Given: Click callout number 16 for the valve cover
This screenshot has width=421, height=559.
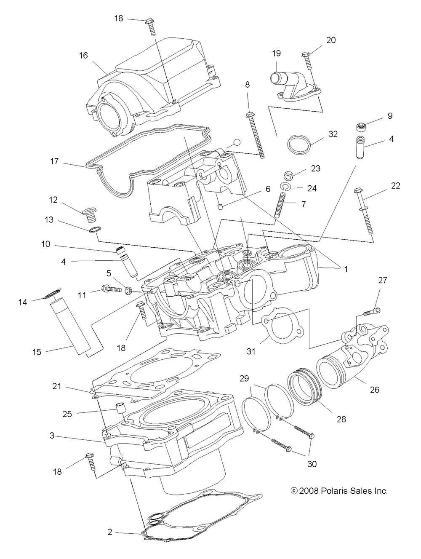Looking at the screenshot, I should [83, 55].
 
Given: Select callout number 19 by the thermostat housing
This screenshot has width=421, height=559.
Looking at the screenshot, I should [276, 53].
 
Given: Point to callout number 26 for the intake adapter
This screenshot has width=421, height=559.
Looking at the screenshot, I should [374, 390].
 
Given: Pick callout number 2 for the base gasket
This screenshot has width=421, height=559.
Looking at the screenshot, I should [110, 532].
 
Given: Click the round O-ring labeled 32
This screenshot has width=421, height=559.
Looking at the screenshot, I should [299, 145].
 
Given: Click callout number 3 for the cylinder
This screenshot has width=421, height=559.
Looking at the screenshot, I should [51, 436].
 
